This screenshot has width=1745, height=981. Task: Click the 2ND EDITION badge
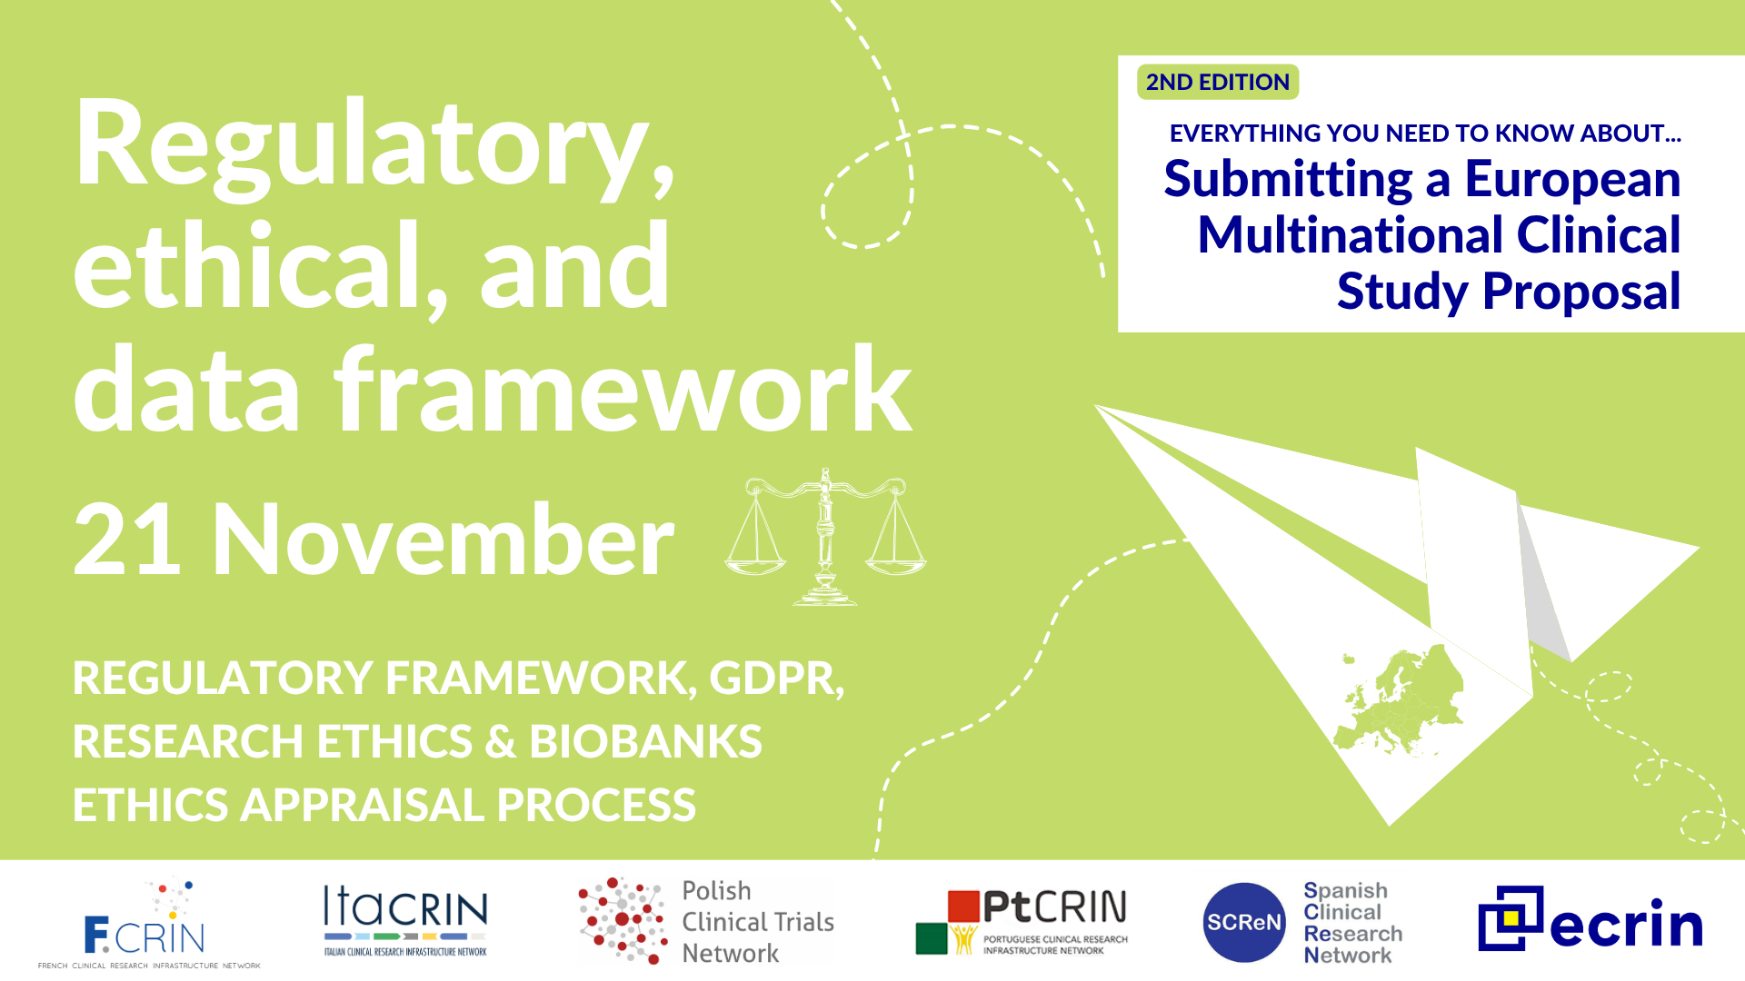1218,82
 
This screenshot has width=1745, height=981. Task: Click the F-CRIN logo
149,923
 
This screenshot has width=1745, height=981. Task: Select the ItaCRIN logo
405,920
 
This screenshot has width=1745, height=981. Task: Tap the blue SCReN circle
1243,922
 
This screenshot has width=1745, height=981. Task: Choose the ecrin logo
1590,919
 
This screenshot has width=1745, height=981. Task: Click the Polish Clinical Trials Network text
758,922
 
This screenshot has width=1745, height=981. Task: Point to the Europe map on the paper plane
1400,699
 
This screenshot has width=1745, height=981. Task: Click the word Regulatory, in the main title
374,147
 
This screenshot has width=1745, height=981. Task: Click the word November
443,540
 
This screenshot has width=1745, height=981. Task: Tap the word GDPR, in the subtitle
777,679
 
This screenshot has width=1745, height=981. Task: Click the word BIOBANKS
646,741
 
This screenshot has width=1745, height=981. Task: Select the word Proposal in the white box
1581,292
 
